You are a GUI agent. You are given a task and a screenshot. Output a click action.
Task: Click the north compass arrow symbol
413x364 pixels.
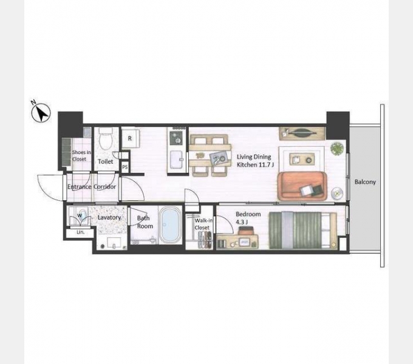[41, 112]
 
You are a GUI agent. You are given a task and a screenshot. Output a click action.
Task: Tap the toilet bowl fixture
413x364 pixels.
[106, 139]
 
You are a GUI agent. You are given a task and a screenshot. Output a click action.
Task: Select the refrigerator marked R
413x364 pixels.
[131, 138]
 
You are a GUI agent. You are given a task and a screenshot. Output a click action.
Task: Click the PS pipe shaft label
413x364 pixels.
[125, 167]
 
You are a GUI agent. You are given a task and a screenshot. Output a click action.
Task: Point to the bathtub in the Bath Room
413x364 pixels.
[170, 225]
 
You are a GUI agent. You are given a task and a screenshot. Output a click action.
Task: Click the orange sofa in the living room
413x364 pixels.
[302, 186]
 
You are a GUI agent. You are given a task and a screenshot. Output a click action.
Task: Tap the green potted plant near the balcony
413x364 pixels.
[337, 149]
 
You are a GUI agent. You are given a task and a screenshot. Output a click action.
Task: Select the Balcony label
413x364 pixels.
[365, 182]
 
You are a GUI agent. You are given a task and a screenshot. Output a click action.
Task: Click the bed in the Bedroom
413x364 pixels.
[302, 231]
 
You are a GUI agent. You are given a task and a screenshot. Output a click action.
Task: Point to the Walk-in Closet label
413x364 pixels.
[203, 224]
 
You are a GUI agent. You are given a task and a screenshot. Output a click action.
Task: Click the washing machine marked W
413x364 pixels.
[80, 217]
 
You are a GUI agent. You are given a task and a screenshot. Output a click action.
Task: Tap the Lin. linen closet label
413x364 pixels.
[80, 232]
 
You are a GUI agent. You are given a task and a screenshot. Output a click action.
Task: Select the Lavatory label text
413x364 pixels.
[109, 218]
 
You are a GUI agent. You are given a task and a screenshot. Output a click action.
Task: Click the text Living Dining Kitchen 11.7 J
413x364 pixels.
[255, 161]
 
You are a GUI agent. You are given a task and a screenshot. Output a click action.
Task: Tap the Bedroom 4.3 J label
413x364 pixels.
[248, 218]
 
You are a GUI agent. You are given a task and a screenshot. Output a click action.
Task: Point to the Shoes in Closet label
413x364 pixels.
[81, 156]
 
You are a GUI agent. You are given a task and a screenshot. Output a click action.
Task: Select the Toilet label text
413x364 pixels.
[105, 161]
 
